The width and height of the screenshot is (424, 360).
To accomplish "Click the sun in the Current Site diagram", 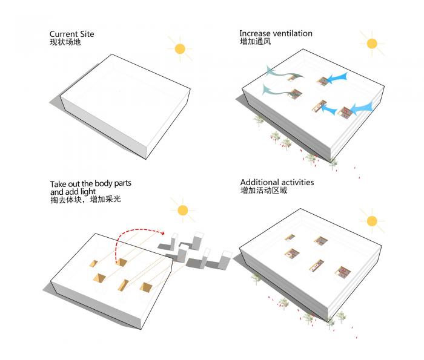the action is tap(180, 49).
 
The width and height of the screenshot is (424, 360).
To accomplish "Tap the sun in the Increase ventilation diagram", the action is tap(372, 44).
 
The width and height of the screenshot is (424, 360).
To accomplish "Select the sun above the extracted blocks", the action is tap(183, 210).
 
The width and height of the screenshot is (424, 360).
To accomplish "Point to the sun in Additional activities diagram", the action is tap(372, 221).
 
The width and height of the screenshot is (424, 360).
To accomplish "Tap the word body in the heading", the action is tap(104, 184).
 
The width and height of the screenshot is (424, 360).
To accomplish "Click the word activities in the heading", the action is tap(297, 182).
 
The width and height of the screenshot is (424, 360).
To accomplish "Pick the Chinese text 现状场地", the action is tap(65, 42).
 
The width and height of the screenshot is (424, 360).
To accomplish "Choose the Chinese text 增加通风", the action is tap(255, 41).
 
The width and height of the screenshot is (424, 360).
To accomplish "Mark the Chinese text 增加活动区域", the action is tap(263, 191).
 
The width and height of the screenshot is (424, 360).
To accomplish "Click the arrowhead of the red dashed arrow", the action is tap(162, 233).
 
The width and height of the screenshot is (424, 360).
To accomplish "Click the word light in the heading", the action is tap(88, 192).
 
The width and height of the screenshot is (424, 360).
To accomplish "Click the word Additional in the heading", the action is tap(259, 182).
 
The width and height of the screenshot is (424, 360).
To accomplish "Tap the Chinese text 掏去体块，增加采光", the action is tap(85, 200).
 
